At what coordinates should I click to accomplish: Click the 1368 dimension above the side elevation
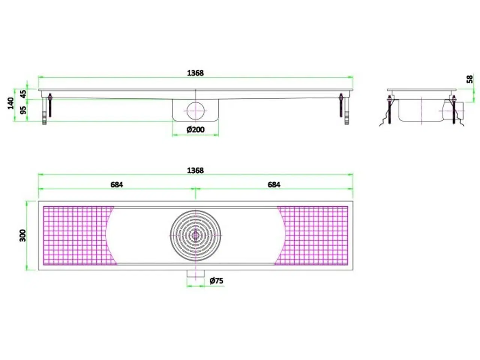tap(195, 73)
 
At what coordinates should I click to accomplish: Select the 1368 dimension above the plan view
tap(195, 171)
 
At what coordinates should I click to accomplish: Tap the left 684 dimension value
tap(117, 184)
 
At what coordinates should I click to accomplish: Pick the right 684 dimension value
tap(274, 184)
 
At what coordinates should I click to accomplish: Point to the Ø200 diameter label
tap(195, 130)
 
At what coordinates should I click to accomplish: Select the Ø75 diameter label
tap(216, 280)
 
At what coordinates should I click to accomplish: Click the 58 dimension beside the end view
tap(469, 79)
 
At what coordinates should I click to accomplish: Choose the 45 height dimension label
tap(23, 94)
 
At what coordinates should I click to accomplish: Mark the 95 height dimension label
tap(23, 110)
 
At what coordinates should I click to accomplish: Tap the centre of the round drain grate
tap(195, 235)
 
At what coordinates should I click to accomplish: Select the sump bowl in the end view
tap(420, 111)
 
